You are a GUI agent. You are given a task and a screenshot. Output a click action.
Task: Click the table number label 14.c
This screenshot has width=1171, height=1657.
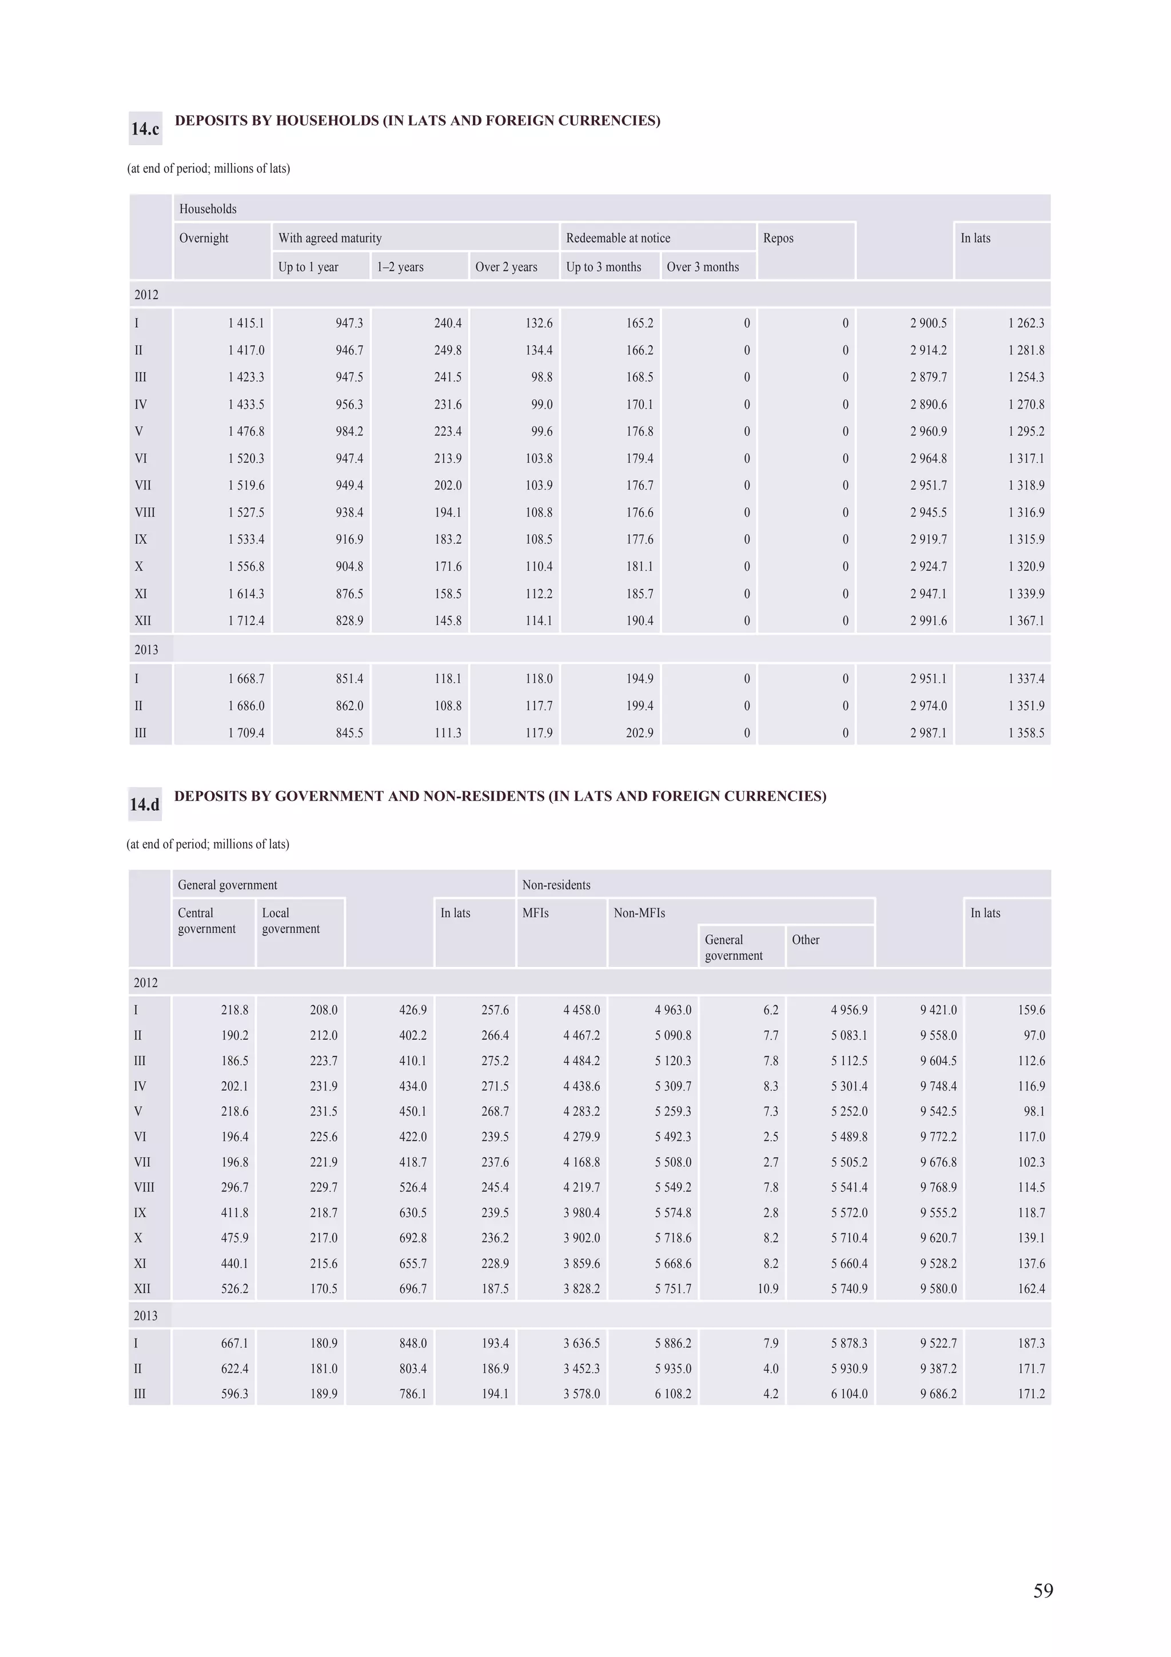tap(145, 129)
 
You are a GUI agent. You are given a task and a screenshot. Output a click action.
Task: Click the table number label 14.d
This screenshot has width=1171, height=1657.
tap(144, 804)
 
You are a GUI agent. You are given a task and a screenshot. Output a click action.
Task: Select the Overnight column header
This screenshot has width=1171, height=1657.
tap(204, 238)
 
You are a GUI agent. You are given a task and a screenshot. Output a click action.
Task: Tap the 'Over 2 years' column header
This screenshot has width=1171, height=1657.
tap(506, 267)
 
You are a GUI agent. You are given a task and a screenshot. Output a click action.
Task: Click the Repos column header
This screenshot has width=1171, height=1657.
tap(778, 238)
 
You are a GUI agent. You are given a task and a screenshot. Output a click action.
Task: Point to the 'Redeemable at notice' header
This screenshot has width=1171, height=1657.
tap(618, 238)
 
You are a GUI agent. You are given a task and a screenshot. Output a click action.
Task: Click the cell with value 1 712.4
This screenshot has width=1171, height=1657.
tap(246, 620)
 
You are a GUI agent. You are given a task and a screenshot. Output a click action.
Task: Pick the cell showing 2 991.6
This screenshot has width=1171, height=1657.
tap(928, 620)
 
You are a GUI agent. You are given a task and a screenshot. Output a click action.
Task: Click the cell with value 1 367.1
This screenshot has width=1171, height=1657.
tap(1026, 620)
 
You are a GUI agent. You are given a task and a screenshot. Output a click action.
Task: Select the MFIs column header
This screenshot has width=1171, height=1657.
tap(535, 913)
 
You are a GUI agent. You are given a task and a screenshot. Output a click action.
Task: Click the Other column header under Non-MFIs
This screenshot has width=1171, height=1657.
tap(805, 939)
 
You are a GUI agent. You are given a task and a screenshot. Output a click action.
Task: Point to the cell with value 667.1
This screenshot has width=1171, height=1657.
tap(234, 1343)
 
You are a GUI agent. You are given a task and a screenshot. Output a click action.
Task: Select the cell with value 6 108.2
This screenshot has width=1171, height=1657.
tap(672, 1393)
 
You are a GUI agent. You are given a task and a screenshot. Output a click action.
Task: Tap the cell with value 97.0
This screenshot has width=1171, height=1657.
tap(1034, 1035)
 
